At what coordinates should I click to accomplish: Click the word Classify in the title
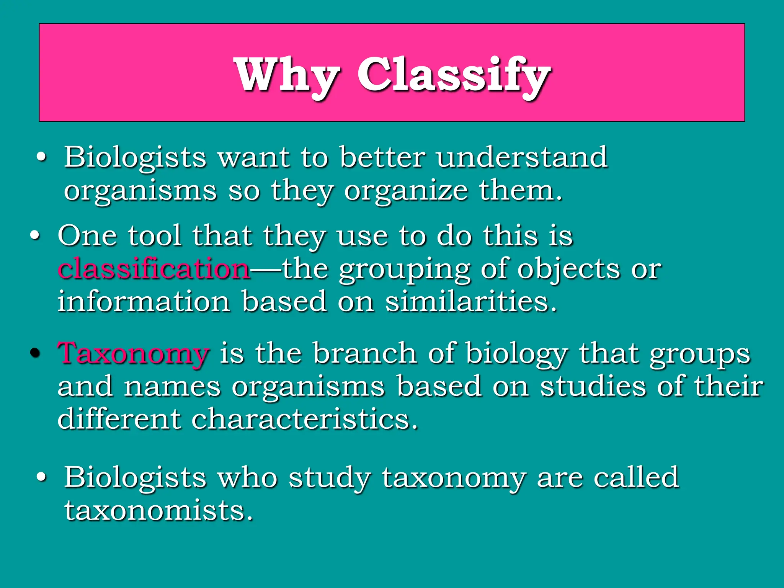coord(454,75)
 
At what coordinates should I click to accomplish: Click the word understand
coord(522,157)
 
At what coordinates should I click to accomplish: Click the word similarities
coord(471,302)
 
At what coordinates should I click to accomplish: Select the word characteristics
coord(304,419)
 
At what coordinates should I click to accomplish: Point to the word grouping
coord(405,269)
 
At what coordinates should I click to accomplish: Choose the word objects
coord(568,269)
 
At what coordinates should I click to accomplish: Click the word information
coord(144,302)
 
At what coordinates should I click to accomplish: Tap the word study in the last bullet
coord(330,478)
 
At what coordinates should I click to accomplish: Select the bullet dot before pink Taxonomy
coord(35,353)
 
